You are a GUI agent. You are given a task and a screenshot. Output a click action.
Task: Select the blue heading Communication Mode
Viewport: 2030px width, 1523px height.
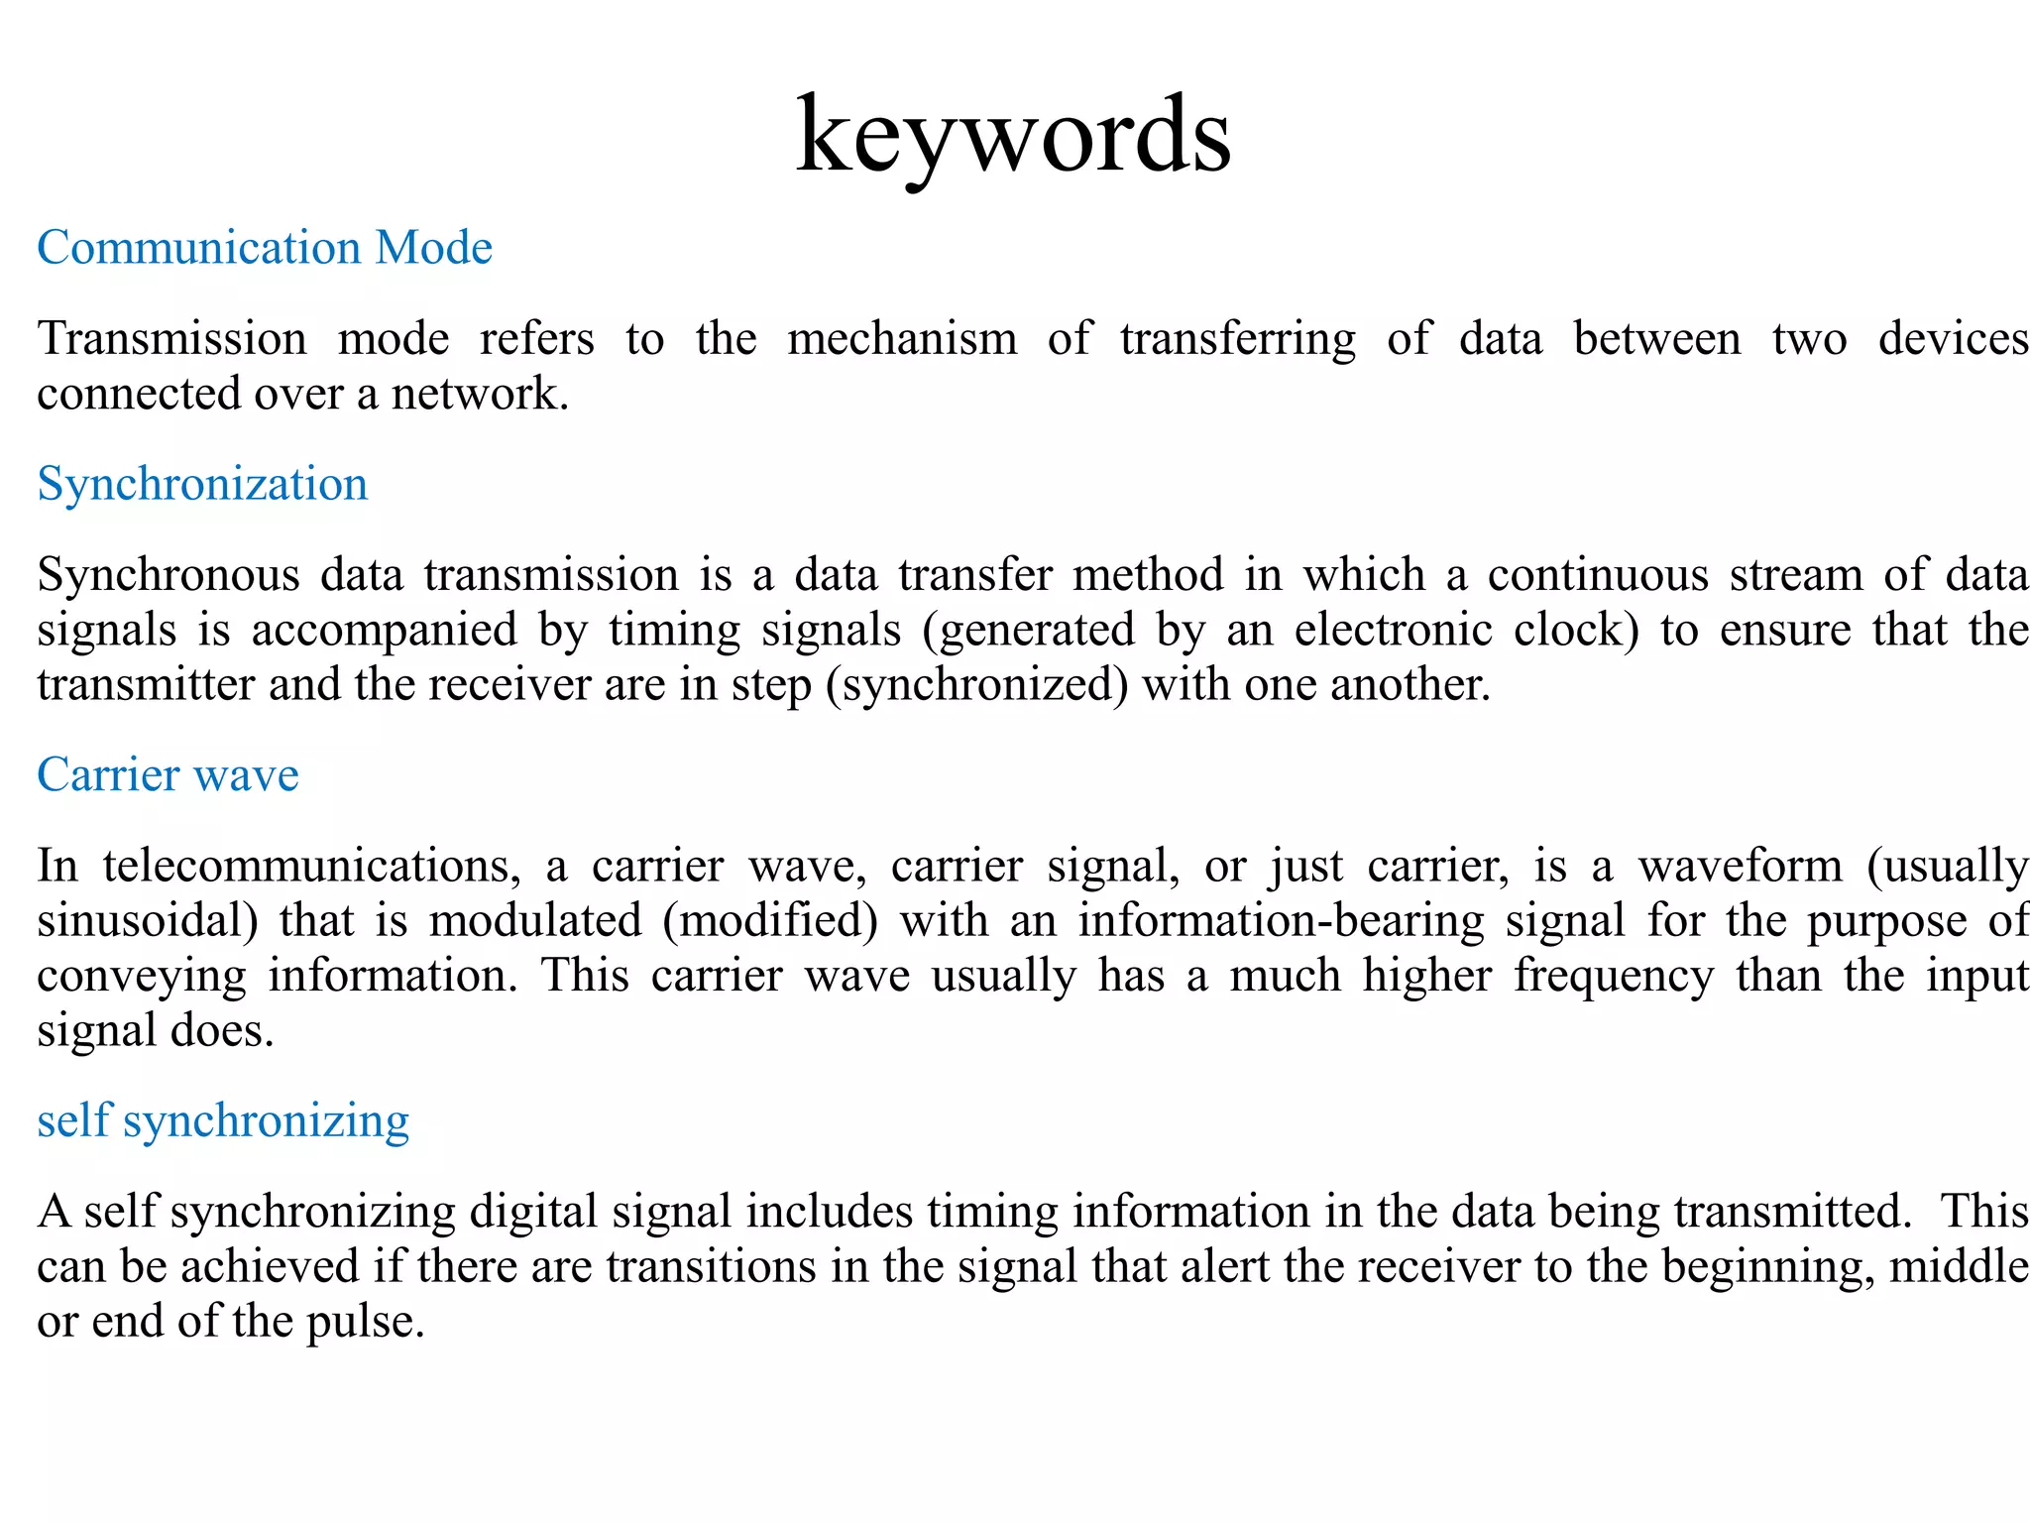pos(265,248)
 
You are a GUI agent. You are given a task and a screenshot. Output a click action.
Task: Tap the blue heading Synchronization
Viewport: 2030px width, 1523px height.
pos(202,485)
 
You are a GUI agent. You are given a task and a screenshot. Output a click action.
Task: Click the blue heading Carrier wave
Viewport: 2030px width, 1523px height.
pos(168,774)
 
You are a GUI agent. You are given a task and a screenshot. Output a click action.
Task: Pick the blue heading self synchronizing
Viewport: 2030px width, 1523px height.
pos(223,1120)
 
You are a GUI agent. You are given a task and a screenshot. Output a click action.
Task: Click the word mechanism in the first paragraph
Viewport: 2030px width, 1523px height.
pos(902,339)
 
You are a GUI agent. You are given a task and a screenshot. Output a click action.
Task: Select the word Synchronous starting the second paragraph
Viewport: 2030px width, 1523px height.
pos(169,576)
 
